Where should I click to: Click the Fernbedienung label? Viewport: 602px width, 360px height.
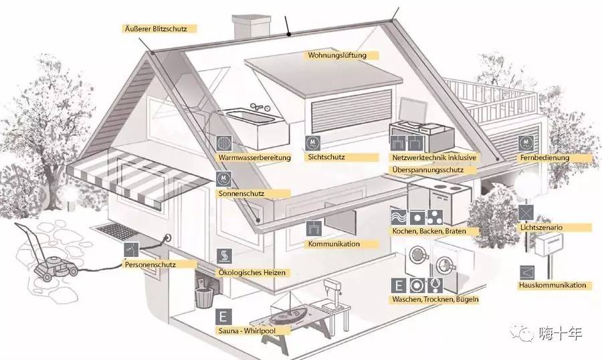pos(544,158)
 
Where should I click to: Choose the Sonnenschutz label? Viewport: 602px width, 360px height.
pos(241,193)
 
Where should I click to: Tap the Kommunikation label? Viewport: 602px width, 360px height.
pos(334,244)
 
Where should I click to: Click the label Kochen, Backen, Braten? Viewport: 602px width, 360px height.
pos(427,231)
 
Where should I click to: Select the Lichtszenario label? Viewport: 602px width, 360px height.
pos(541,228)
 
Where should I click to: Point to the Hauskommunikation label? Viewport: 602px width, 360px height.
pos(553,285)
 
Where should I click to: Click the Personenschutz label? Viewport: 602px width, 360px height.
pos(150,264)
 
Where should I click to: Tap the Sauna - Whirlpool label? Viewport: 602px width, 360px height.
pos(245,331)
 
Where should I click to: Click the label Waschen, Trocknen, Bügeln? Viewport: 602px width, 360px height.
pos(435,299)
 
